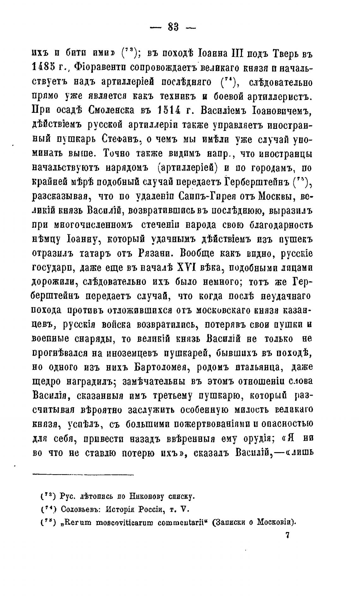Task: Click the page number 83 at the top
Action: (x=174, y=28)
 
